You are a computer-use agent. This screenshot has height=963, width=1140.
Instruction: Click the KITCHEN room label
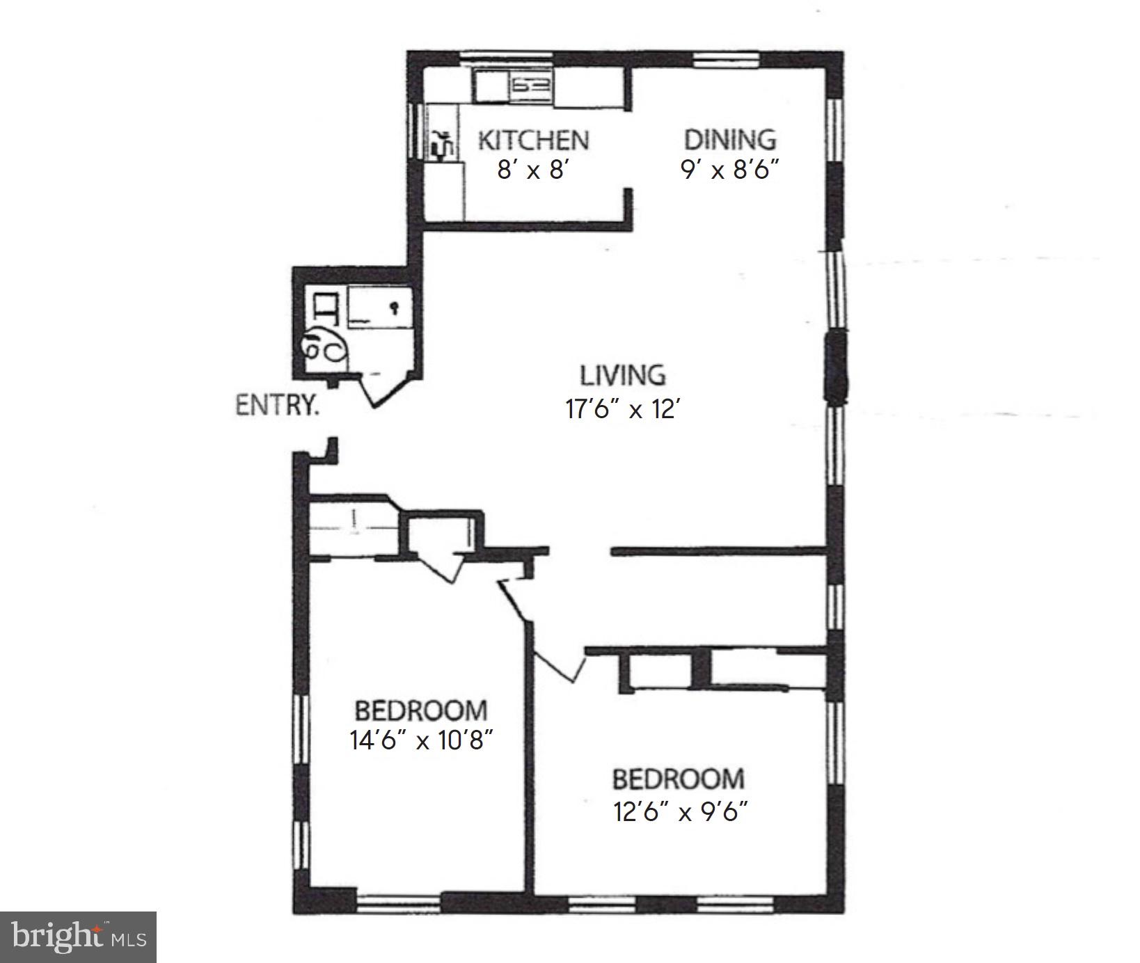click(x=533, y=141)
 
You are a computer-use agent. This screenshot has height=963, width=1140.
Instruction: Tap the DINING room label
click(x=729, y=140)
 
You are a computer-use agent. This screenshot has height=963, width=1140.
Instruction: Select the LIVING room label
click(x=622, y=376)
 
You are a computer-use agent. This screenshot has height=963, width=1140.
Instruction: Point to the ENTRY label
click(x=277, y=405)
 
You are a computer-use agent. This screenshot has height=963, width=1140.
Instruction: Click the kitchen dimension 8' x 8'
click(x=533, y=169)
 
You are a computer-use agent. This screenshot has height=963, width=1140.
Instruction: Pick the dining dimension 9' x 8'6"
click(x=728, y=169)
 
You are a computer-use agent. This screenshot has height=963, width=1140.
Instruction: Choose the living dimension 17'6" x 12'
click(x=622, y=408)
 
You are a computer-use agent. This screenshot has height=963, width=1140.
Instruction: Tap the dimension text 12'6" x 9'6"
click(x=680, y=811)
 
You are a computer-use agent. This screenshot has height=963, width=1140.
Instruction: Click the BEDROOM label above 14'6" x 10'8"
click(x=421, y=710)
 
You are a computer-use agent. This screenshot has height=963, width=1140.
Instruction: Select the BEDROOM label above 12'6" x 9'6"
click(x=678, y=779)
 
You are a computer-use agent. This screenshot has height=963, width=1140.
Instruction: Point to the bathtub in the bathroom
click(x=379, y=307)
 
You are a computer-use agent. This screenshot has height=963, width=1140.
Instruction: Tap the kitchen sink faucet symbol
click(x=442, y=144)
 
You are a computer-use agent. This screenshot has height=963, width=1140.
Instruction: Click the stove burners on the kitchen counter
click(x=532, y=86)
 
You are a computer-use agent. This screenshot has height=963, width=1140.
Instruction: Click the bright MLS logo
click(x=78, y=937)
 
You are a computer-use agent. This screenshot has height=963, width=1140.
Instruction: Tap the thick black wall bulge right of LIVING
click(x=835, y=367)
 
